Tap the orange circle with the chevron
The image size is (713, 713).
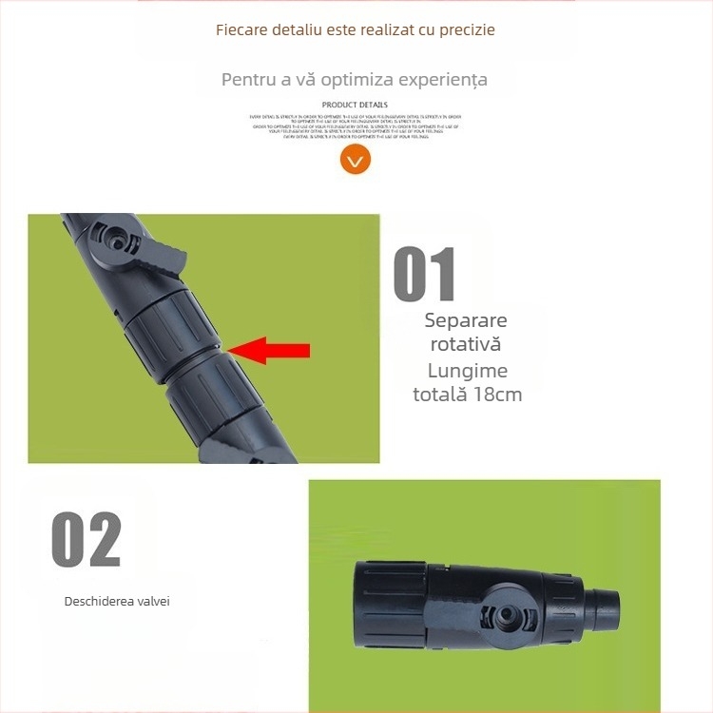click(355, 160)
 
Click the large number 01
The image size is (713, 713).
click(425, 275)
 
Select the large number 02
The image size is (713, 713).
click(87, 539)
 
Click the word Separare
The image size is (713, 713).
click(466, 320)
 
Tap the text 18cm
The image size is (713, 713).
click(497, 394)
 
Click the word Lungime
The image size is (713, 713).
click(468, 370)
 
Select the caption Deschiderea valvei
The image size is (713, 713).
click(117, 601)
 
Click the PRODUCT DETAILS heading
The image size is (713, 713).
click(355, 105)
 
